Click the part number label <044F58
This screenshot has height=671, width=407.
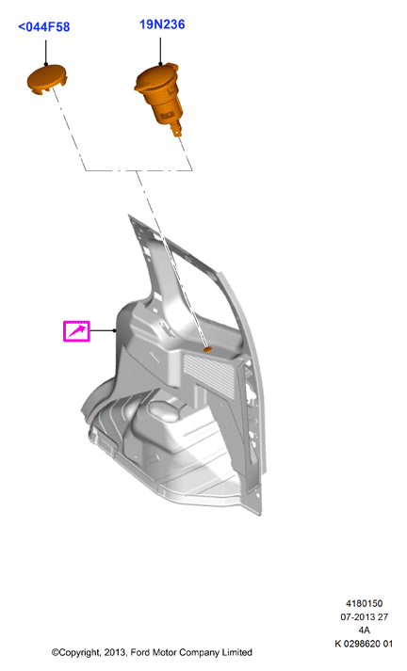coord(43,27)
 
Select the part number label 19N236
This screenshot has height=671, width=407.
coord(162,24)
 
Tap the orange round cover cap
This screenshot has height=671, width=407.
coord(46,80)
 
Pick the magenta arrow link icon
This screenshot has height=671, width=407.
coord(76,330)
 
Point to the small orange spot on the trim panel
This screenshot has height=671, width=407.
coord(207,350)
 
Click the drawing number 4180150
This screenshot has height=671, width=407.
coord(365,603)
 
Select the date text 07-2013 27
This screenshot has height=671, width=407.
coord(365,616)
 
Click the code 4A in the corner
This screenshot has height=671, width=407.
coord(365,630)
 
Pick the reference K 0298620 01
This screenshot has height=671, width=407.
coord(364,643)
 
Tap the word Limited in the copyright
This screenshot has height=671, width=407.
coord(236,652)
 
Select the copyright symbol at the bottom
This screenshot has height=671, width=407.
coord(55,652)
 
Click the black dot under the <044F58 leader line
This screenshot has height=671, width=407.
coord(45,65)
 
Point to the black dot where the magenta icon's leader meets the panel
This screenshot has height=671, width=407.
coord(114,330)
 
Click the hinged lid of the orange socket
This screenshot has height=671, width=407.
coord(156,76)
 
